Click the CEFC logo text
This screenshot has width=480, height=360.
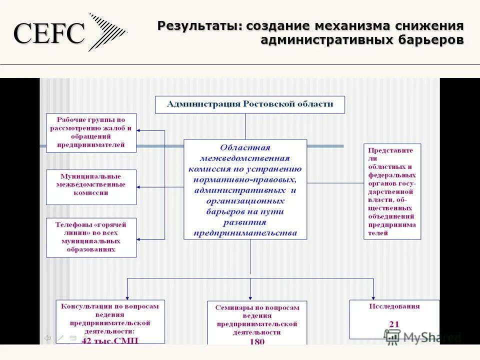[48, 34]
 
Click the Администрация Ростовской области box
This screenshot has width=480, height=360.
[249, 104]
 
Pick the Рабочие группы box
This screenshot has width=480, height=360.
[91, 132]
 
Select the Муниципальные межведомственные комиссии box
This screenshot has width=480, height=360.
[91, 186]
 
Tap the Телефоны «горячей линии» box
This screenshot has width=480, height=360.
[91, 237]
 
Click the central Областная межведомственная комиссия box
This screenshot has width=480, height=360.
[245, 189]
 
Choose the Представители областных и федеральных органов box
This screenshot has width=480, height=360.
[392, 191]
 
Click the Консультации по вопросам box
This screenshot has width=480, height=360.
[110, 321]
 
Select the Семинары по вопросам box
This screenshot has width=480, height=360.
[257, 322]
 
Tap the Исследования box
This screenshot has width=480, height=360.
[394, 319]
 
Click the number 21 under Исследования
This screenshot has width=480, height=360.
[394, 324]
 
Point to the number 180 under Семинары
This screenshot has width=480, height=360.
[257, 342]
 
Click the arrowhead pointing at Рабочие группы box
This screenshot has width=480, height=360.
[139, 130]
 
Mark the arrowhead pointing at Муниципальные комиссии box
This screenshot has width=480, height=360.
[139, 186]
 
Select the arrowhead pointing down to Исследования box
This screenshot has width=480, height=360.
[373, 296]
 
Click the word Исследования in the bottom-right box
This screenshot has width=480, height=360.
[394, 306]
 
